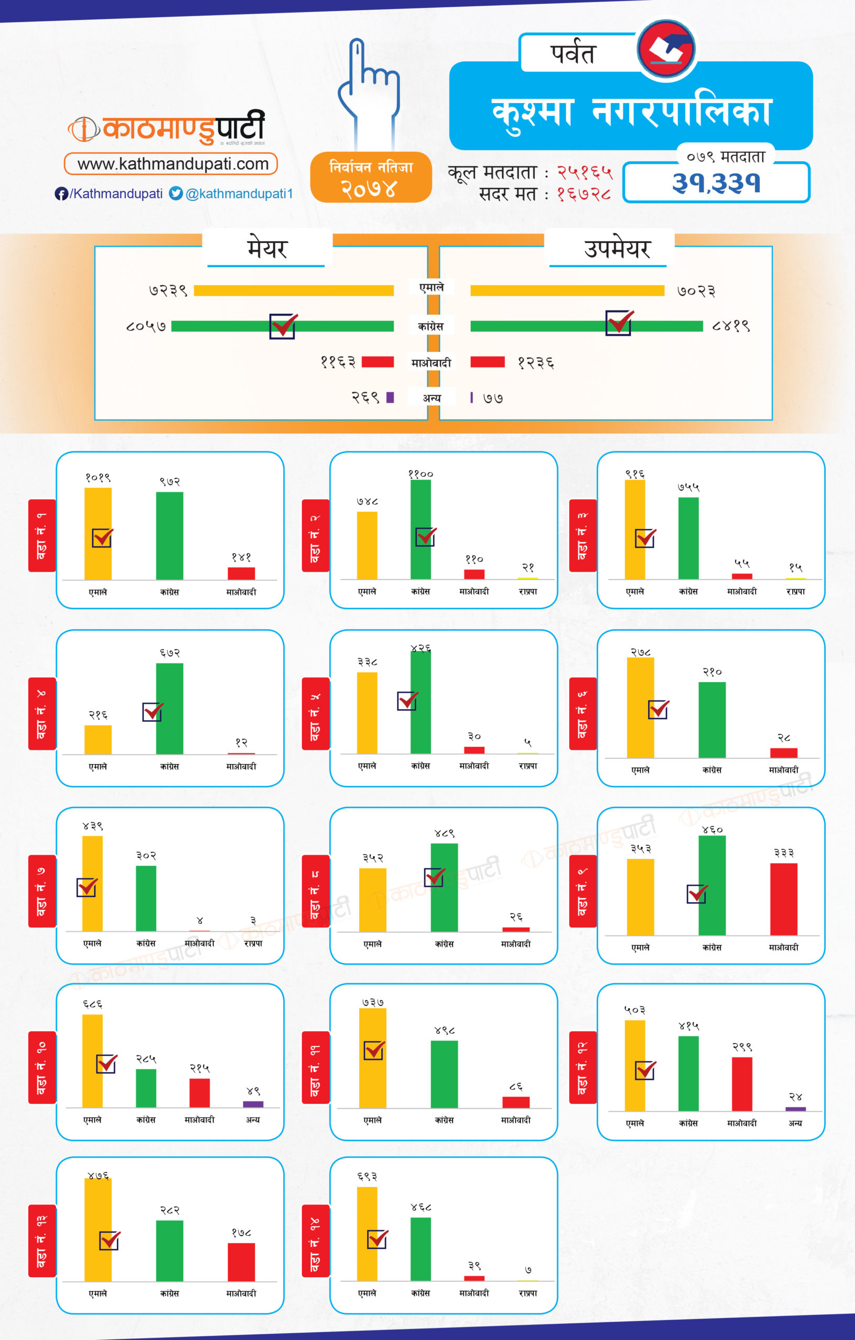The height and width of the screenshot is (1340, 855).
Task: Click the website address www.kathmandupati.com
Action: pyautogui.click(x=173, y=164)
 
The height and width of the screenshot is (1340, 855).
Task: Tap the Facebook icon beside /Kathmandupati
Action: pyautogui.click(x=61, y=194)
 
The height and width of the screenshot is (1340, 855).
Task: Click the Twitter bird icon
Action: pyautogui.click(x=176, y=193)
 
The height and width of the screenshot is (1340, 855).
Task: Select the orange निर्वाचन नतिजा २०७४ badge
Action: pyautogui.click(x=371, y=177)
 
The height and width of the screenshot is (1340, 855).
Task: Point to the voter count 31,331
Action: pyautogui.click(x=716, y=183)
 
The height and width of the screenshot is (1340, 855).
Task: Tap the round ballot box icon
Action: pyautogui.click(x=666, y=49)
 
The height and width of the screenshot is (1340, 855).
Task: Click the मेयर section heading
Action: pyautogui.click(x=267, y=248)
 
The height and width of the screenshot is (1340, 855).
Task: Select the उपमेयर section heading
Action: pyautogui.click(x=617, y=248)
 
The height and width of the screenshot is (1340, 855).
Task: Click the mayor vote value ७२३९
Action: pyautogui.click(x=168, y=291)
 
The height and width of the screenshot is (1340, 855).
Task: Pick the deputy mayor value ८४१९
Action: pyautogui.click(x=731, y=326)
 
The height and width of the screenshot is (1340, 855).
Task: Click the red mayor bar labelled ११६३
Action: pyautogui.click(x=377, y=362)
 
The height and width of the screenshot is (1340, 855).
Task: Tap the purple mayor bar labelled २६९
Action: pyautogui.click(x=390, y=397)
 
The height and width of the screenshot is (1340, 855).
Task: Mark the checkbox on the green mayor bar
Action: pyautogui.click(x=283, y=326)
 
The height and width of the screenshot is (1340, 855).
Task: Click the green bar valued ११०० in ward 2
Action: pyautogui.click(x=420, y=529)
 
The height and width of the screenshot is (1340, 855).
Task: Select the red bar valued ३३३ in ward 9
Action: pyautogui.click(x=783, y=899)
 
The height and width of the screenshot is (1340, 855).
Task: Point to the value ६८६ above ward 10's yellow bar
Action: pyautogui.click(x=92, y=1004)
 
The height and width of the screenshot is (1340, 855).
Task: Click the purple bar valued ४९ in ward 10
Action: pyautogui.click(x=253, y=1104)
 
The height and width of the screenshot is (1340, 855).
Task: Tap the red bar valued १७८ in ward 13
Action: pyautogui.click(x=241, y=1261)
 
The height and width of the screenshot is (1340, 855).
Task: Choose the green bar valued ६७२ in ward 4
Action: pyautogui.click(x=169, y=708)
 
